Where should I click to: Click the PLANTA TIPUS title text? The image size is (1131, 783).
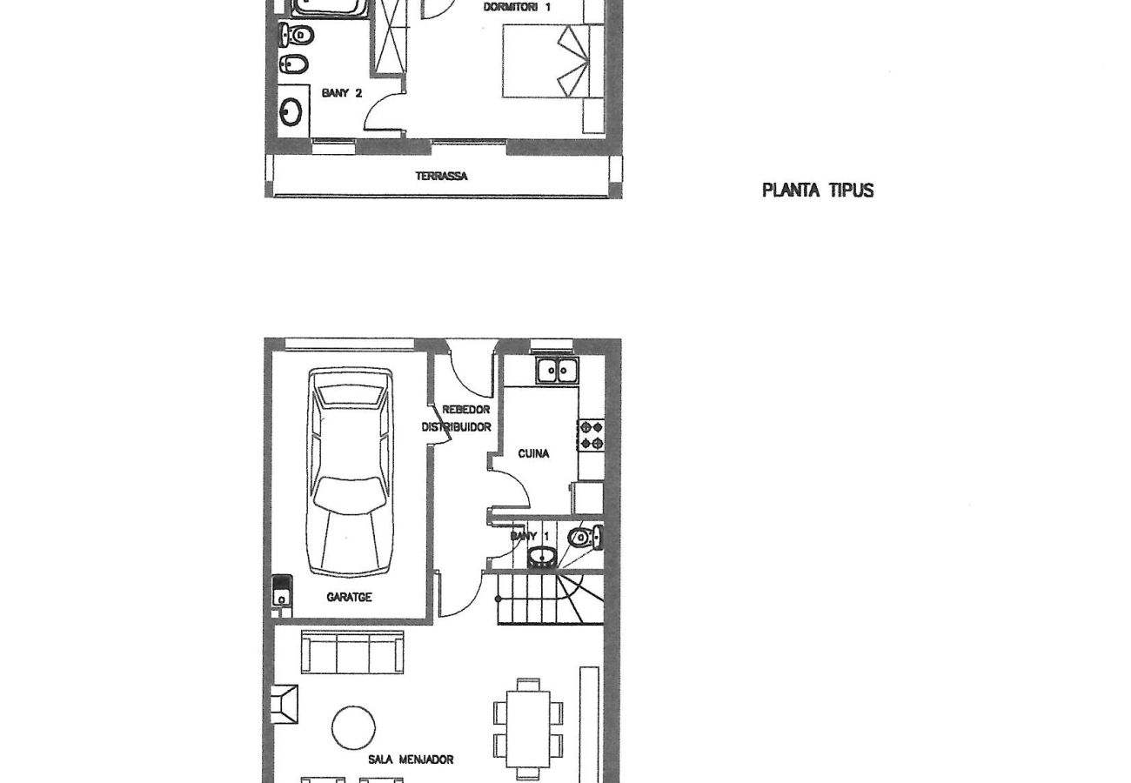(x=817, y=191)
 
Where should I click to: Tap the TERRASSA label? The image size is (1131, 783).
(x=441, y=177)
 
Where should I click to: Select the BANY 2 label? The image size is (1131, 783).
(x=341, y=93)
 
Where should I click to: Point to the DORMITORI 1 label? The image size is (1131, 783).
(x=517, y=7)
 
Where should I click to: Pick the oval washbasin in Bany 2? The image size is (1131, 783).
(x=291, y=112)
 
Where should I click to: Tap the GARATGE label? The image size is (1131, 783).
(x=349, y=598)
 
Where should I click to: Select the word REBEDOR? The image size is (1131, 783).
(x=465, y=410)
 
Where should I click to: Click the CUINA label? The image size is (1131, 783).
(x=533, y=453)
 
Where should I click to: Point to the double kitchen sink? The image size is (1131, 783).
(x=557, y=371)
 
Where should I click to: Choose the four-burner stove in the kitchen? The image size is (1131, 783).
(x=591, y=435)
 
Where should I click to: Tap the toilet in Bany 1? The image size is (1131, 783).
(x=583, y=537)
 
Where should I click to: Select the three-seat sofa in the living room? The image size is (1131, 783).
(x=352, y=652)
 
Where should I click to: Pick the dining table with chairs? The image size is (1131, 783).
(x=528, y=728)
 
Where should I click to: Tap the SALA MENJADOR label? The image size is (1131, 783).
(x=410, y=760)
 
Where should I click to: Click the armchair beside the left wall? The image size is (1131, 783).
(x=285, y=704)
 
